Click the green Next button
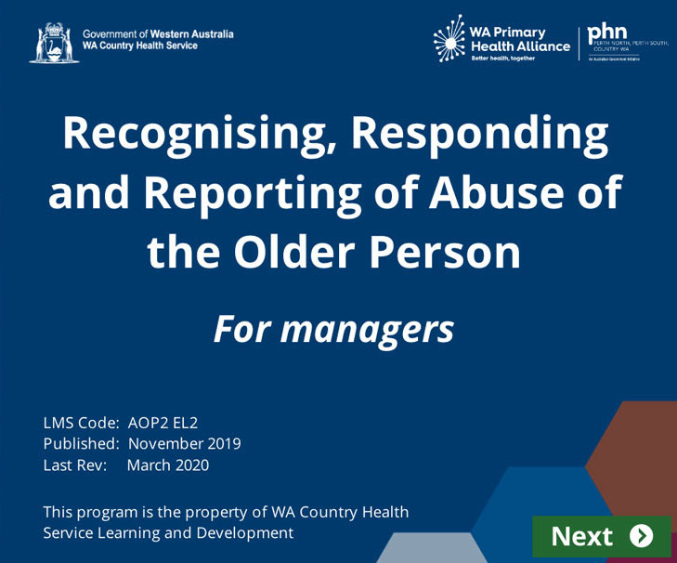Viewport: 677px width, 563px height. tap(601, 536)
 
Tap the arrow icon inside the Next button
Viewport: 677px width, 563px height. tap(641, 536)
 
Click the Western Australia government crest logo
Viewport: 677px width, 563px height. tap(54, 43)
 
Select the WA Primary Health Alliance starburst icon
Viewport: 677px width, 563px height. tap(450, 39)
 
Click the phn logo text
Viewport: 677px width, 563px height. tap(608, 33)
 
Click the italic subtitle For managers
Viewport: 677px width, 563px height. tap(334, 329)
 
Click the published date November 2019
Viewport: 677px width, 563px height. tap(184, 444)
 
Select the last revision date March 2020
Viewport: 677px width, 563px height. tap(168, 465)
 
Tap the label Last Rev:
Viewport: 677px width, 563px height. tap(75, 465)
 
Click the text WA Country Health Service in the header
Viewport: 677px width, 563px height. tap(140, 46)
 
